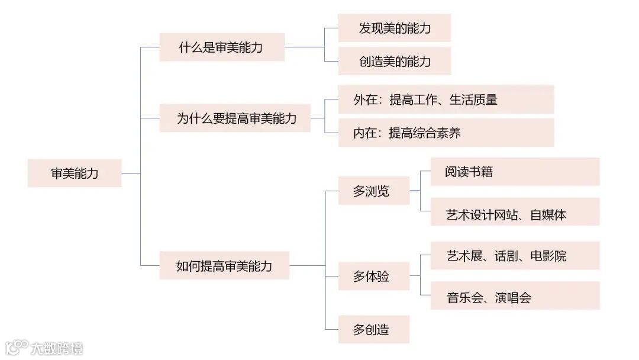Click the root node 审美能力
(75, 173)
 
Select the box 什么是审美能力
(222, 47)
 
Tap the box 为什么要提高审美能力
(235, 118)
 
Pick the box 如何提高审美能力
(224, 265)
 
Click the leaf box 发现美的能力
(395, 28)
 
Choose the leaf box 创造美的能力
(395, 61)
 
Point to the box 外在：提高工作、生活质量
(446, 99)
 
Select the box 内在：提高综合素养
(446, 133)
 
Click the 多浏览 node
(373, 191)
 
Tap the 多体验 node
(373, 276)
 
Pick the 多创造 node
(373, 329)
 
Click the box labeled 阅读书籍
(515, 172)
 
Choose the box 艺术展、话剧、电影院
(515, 256)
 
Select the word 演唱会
(513, 297)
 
